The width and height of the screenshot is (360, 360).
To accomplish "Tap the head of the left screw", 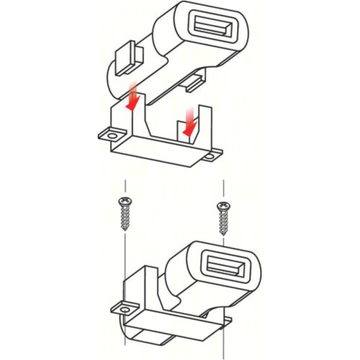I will [x=125, y=201].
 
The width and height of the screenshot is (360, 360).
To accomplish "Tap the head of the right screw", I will [x=223, y=207].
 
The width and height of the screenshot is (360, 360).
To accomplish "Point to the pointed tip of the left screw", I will [x=125, y=230].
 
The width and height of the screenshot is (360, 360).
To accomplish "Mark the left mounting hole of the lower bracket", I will [x=125, y=309].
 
